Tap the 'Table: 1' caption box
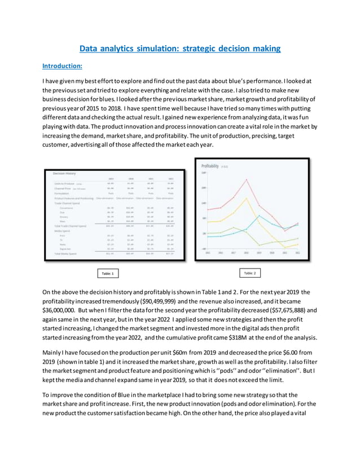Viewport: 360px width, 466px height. [x=107, y=273]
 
